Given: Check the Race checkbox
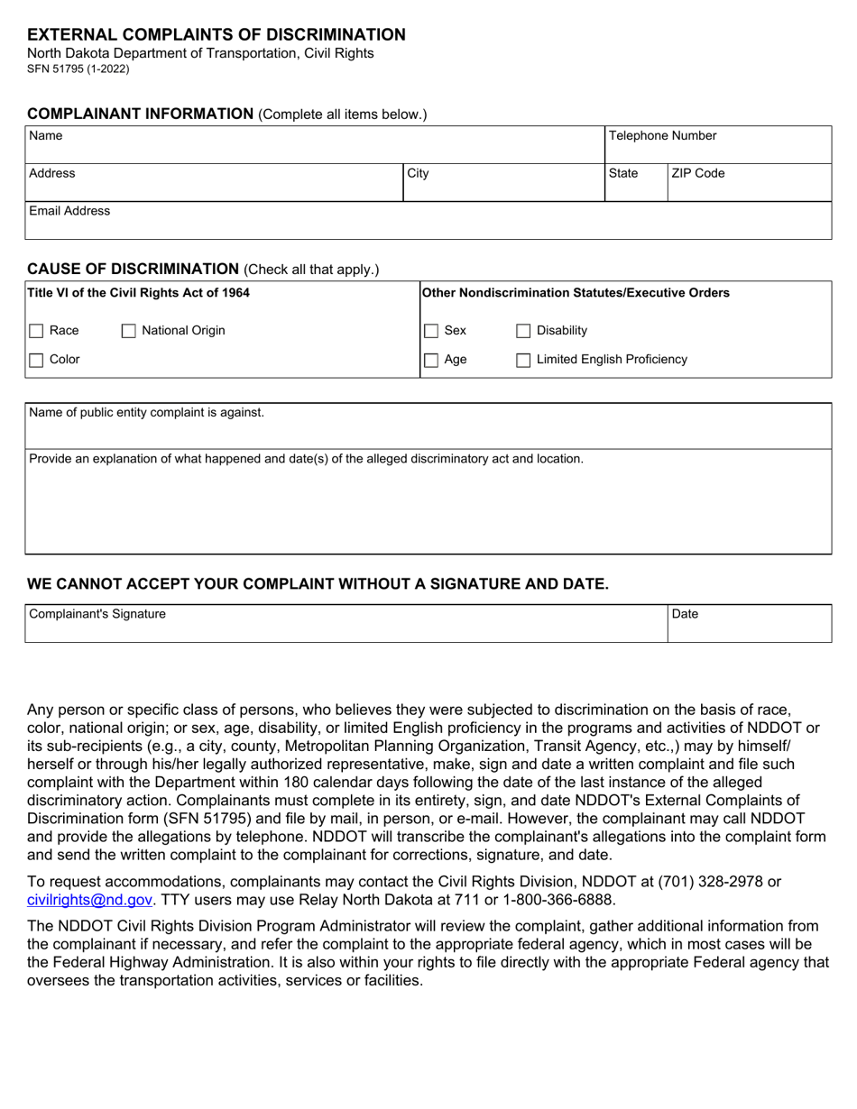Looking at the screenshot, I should pyautogui.click(x=37, y=331).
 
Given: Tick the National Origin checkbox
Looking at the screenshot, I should pyautogui.click(x=129, y=331).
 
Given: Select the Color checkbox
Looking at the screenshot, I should pyautogui.click(x=37, y=360).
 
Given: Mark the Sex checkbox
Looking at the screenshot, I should pyautogui.click(x=432, y=331).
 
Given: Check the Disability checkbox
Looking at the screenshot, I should pyautogui.click(x=523, y=331).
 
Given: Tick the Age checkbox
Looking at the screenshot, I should pyautogui.click(x=432, y=360).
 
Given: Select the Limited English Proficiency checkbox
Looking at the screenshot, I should pyautogui.click(x=523, y=360).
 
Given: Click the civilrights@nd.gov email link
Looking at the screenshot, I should pyautogui.click(x=89, y=899).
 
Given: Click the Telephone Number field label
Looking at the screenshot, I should pyautogui.click(x=662, y=136).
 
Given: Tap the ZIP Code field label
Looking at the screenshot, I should pyautogui.click(x=697, y=173).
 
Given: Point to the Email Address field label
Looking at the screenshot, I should pyautogui.click(x=69, y=211).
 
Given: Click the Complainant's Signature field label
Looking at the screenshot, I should pyautogui.click(x=97, y=614).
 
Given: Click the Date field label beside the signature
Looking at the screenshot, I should pyautogui.click(x=686, y=614).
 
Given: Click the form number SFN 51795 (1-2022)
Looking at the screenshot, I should pyautogui.click(x=78, y=69).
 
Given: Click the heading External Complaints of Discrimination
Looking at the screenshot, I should pyautogui.click(x=217, y=35).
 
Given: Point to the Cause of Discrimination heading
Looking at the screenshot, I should pyautogui.click(x=133, y=269).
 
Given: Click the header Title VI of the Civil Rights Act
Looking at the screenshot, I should pyautogui.click(x=139, y=293).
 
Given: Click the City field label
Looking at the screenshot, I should pyautogui.click(x=418, y=173).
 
